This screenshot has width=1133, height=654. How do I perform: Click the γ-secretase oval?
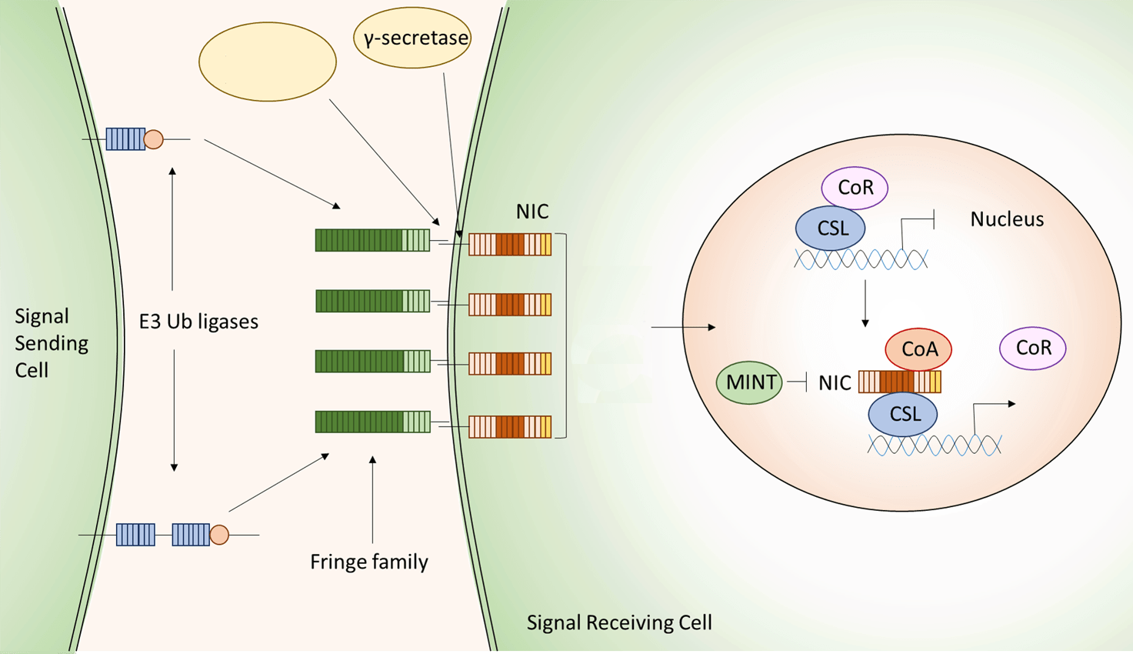(x=413, y=38)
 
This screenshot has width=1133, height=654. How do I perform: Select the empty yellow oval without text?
(x=268, y=62)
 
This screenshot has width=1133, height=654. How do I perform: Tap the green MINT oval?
(x=749, y=382)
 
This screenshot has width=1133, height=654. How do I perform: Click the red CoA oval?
(x=918, y=349)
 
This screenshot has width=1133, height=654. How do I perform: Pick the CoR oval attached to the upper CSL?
(x=855, y=188)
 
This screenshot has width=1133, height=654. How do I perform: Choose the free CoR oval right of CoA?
(x=1032, y=348)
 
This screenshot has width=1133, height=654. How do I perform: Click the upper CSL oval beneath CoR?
(x=831, y=229)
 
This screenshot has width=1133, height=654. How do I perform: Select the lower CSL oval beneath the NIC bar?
(x=903, y=415)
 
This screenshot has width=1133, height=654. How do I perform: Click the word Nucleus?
(x=1007, y=219)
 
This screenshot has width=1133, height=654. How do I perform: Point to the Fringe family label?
(x=368, y=562)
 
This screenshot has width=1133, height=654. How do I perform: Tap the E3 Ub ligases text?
(x=198, y=322)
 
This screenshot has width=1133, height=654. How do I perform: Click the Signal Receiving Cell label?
(x=619, y=622)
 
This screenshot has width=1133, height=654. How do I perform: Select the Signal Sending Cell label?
(x=52, y=343)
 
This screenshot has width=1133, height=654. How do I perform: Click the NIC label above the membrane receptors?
(x=532, y=212)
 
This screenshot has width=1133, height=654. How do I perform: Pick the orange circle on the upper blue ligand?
(x=154, y=139)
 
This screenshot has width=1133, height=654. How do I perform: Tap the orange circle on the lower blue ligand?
(x=219, y=535)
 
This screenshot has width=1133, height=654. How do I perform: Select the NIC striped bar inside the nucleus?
(x=899, y=382)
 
